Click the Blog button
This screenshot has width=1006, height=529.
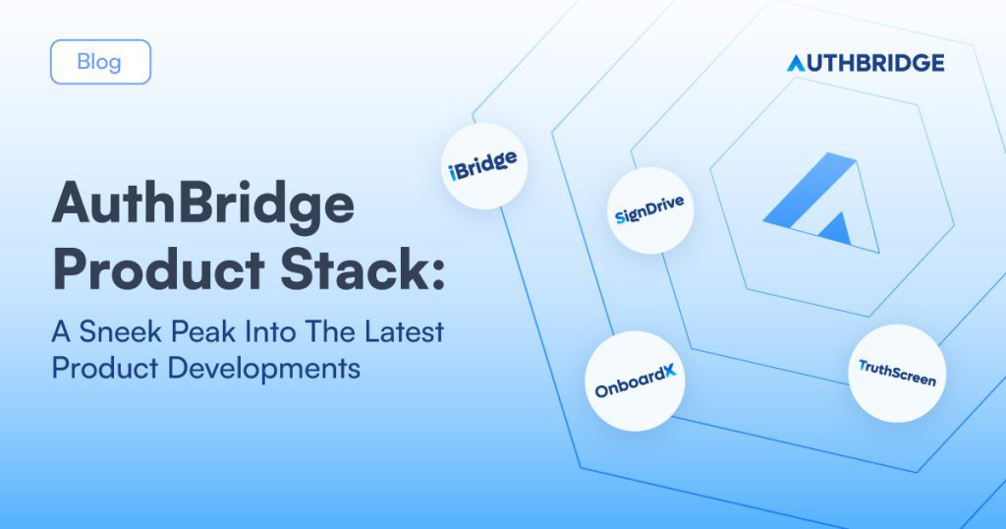pos(101,62)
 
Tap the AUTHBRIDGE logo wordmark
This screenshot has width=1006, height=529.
pos(866,63)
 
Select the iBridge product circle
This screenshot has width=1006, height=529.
pos(484,165)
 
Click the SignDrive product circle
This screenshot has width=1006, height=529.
pos(650,210)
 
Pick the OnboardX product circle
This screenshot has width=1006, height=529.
pos(636,381)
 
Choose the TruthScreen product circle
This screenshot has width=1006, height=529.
pos(897,373)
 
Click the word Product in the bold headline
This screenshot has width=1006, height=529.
pos(158,269)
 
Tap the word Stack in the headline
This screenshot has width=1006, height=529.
pos(353,269)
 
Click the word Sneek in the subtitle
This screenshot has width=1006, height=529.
pos(121,332)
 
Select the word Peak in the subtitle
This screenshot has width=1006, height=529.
pos(203,332)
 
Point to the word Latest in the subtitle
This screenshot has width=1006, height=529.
pos(404,332)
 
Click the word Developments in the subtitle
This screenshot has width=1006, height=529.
pos(263,369)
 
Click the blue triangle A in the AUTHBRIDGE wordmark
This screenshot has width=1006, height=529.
pos(796,63)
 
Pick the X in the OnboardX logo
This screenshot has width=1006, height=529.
pos(669,372)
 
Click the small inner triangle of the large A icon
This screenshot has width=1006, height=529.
pos(836,228)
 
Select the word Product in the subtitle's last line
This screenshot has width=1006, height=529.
pos(105,369)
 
